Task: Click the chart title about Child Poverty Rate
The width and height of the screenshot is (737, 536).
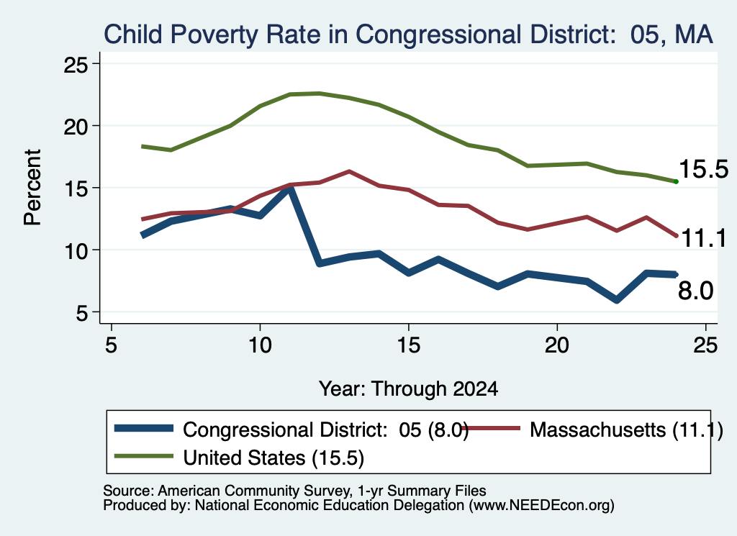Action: (408, 35)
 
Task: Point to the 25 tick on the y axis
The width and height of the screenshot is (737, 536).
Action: (76, 64)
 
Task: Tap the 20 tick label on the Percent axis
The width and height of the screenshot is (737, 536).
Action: (76, 127)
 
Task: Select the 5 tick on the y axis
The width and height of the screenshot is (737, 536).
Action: (82, 312)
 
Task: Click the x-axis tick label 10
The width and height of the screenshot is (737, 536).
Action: (260, 345)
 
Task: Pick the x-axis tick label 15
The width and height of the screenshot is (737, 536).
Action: (409, 345)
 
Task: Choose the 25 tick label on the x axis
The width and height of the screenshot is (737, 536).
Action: (705, 345)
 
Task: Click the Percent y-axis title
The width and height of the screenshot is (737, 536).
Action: (33, 188)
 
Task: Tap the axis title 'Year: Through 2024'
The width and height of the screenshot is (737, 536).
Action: (409, 389)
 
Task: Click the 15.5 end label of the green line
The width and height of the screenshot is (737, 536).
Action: (703, 169)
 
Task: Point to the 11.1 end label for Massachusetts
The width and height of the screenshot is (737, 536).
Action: (703, 238)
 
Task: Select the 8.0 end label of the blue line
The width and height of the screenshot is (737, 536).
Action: (696, 291)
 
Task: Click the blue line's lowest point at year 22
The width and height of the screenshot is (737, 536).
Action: (617, 300)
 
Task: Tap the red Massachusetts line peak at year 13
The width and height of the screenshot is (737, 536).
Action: (349, 171)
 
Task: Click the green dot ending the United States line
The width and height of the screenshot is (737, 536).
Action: (676, 181)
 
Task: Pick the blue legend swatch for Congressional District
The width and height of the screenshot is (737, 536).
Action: (144, 428)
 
